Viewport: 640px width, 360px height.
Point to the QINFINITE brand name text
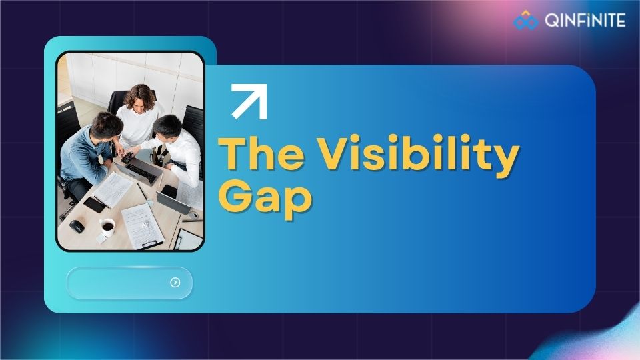[x=585, y=21]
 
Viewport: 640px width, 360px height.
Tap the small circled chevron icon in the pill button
[x=175, y=283]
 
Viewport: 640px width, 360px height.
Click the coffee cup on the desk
[x=107, y=227]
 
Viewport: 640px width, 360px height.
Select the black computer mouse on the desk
[x=77, y=226]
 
